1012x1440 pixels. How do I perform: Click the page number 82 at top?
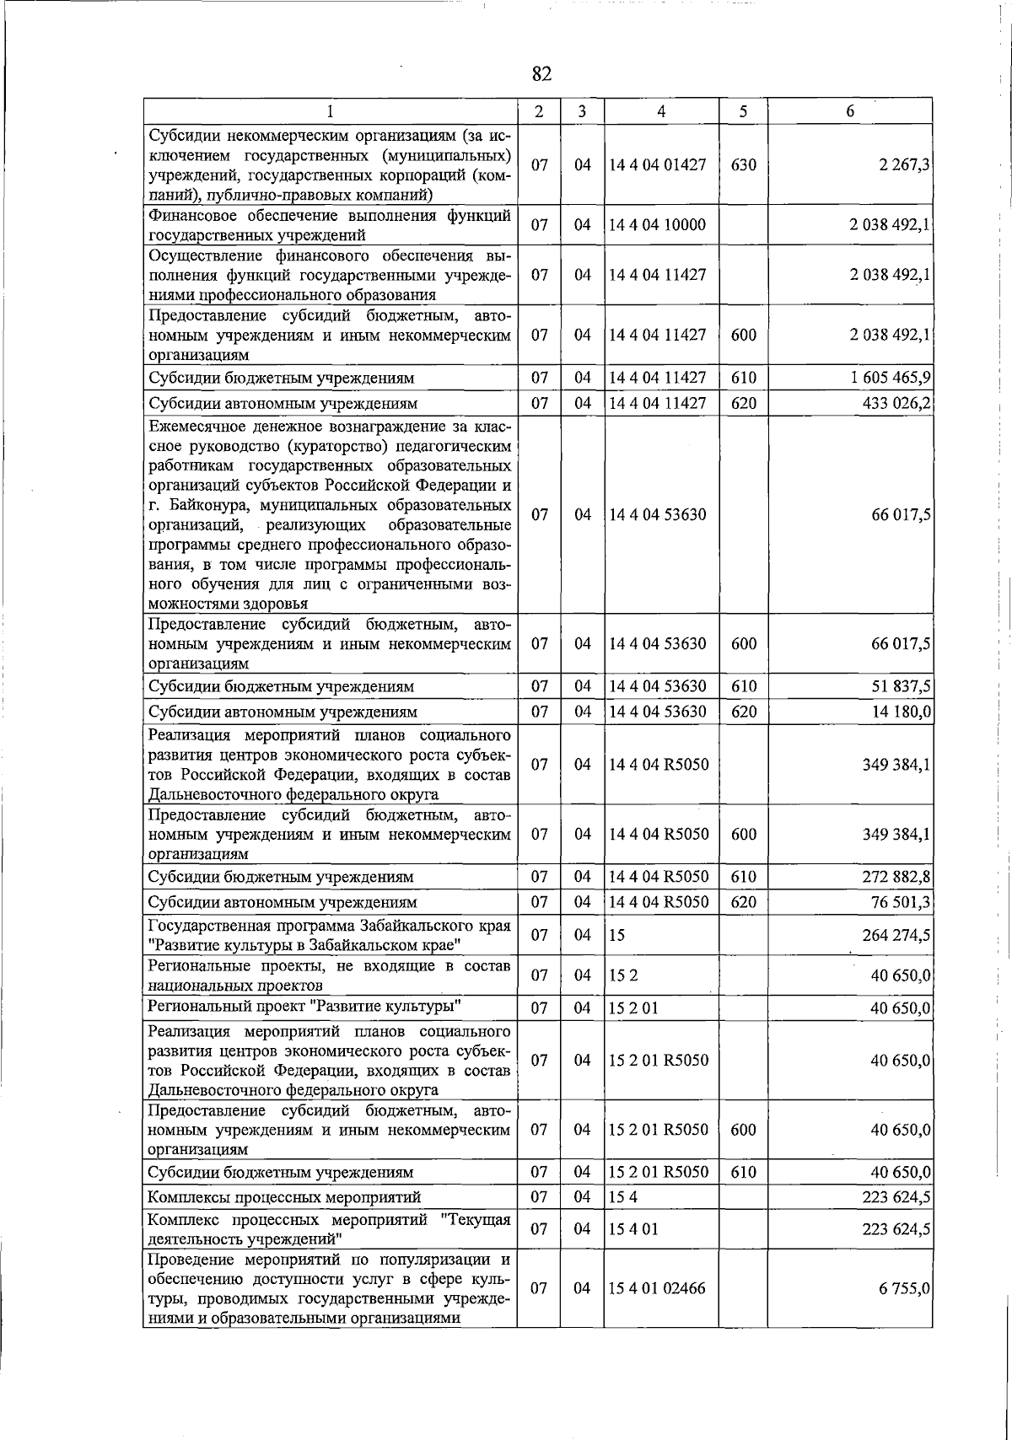point(541,74)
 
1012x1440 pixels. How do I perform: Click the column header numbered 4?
point(661,111)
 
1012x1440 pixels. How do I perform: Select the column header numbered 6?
point(850,111)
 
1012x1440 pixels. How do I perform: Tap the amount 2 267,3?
point(903,165)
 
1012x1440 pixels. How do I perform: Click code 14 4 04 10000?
point(658,225)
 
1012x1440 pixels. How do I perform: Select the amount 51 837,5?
point(901,686)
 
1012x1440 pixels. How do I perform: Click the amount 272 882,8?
point(896,877)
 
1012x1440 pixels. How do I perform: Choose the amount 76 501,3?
point(901,902)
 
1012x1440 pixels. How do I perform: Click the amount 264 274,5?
point(896,935)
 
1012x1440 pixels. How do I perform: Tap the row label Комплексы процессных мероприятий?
point(284,1197)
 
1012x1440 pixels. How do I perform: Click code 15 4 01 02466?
point(657,1288)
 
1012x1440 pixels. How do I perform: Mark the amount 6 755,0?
point(907,1288)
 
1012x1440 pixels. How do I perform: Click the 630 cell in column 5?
point(743,165)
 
